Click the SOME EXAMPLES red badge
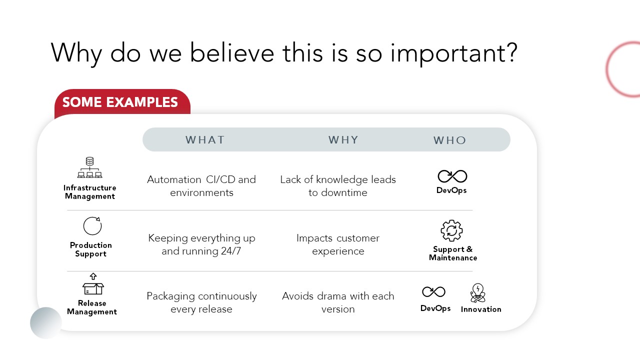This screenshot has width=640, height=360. click(x=122, y=102)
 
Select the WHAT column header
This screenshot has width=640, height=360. click(x=205, y=140)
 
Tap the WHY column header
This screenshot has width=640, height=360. click(x=343, y=140)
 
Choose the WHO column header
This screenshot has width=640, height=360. click(x=449, y=140)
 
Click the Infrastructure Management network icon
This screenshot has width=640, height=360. click(x=89, y=167)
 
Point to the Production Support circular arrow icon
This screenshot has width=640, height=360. click(x=92, y=225)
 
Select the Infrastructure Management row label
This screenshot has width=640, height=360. click(x=89, y=192)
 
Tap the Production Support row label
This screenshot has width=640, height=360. click(x=91, y=249)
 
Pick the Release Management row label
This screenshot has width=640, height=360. click(x=92, y=307)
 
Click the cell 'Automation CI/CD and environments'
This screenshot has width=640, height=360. click(x=201, y=186)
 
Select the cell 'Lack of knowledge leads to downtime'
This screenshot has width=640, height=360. click(x=338, y=186)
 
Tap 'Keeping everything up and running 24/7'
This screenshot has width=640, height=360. click(x=201, y=244)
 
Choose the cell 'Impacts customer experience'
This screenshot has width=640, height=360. click(x=338, y=244)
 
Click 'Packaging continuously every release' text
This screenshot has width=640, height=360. click(x=201, y=302)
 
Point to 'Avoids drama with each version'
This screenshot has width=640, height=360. click(x=338, y=302)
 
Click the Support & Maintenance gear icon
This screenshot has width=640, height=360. click(x=451, y=230)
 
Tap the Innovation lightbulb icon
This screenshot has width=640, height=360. click(x=477, y=293)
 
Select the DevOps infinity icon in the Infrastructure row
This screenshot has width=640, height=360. click(x=452, y=176)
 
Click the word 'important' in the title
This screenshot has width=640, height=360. click(x=454, y=53)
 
